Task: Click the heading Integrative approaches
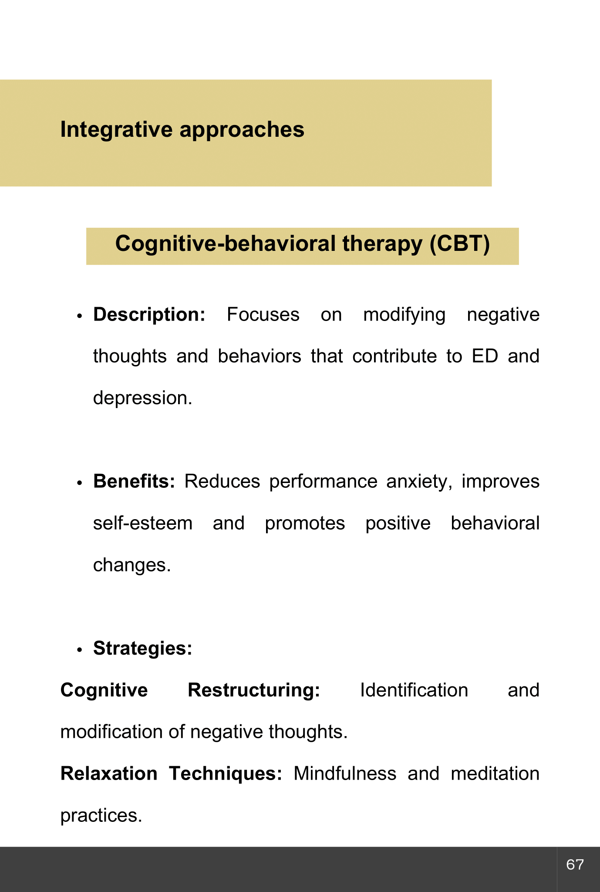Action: pos(182,130)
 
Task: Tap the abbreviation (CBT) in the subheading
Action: pos(459,243)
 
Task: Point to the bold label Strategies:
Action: pos(142,649)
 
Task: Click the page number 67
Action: pos(575,865)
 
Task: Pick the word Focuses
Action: pos(263,315)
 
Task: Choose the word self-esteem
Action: pos(142,523)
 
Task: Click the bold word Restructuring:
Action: pos(254,690)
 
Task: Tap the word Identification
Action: pos(414,690)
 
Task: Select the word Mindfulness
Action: pos(345,774)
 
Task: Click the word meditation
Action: pos(495,774)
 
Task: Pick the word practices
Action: pos(101,815)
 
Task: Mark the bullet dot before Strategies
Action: pos(79,650)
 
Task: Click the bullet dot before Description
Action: pos(79,316)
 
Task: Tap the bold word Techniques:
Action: pos(226,774)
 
